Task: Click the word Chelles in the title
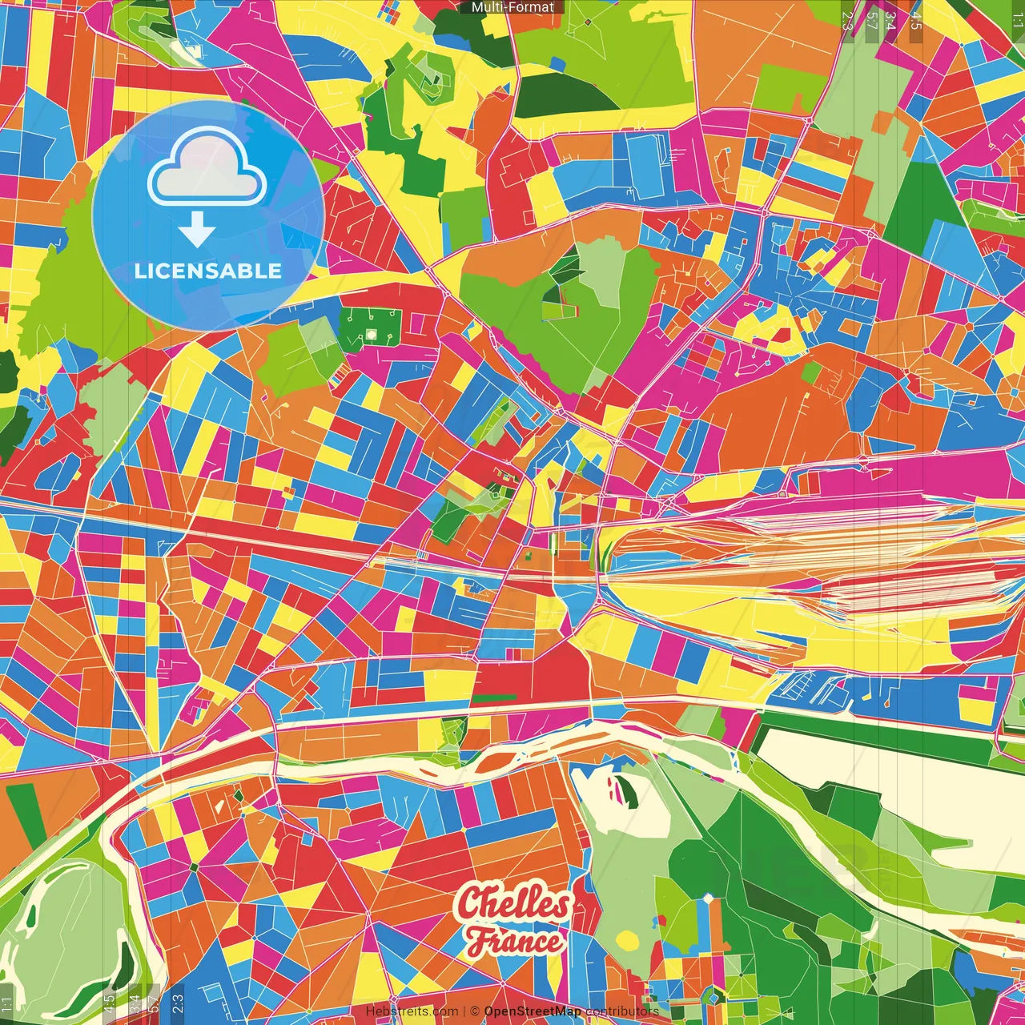(x=513, y=904)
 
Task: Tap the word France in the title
(x=516, y=941)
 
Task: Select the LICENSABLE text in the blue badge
(x=208, y=271)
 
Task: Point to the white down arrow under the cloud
(x=197, y=230)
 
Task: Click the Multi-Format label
(x=512, y=7)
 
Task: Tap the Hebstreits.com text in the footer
(x=412, y=1011)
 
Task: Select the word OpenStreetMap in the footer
(x=533, y=1011)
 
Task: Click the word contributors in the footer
(x=622, y=1011)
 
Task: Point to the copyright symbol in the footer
(x=474, y=1011)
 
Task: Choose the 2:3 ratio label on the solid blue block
(x=178, y=1000)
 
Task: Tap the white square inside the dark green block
(x=371, y=333)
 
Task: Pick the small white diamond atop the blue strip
(x=708, y=899)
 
